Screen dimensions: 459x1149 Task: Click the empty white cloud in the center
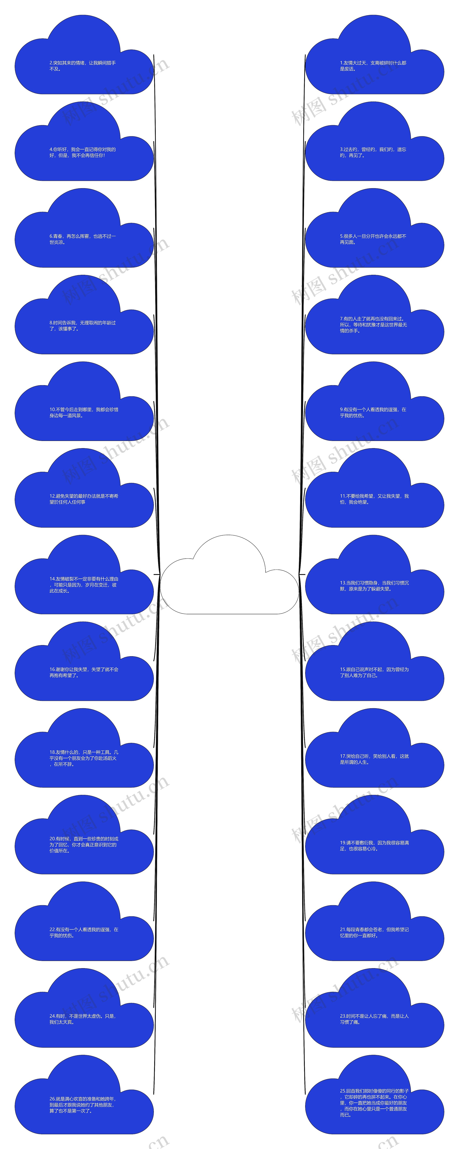tap(229, 580)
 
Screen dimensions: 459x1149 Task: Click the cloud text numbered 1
tap(373, 66)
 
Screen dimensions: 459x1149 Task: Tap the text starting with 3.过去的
tap(373, 152)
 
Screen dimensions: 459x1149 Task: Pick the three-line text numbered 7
tap(373, 325)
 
